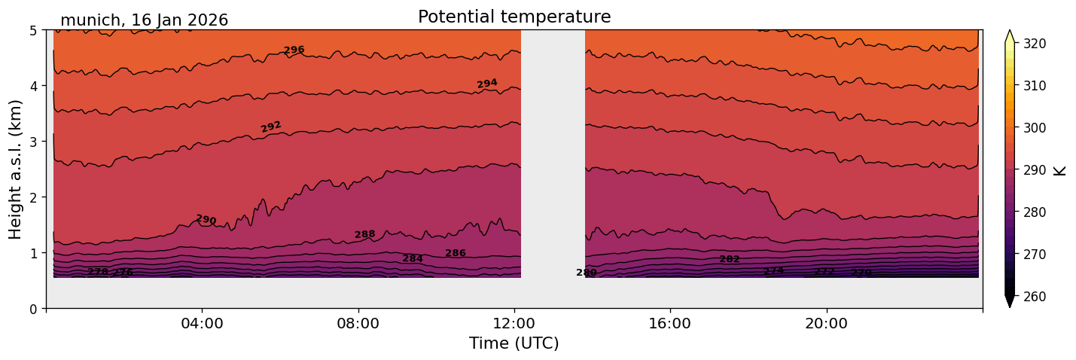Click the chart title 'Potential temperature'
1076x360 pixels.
[514, 17]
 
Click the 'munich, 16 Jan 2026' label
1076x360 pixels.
[144, 20]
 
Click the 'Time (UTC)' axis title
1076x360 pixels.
[514, 343]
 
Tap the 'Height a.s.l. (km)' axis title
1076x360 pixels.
[16, 169]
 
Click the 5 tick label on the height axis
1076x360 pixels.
[34, 30]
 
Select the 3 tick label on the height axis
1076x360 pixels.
[34, 142]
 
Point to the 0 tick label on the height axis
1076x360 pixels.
[34, 309]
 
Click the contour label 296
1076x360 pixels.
[294, 50]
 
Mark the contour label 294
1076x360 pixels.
[487, 84]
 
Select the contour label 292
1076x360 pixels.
[271, 127]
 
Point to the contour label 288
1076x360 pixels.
[365, 235]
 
